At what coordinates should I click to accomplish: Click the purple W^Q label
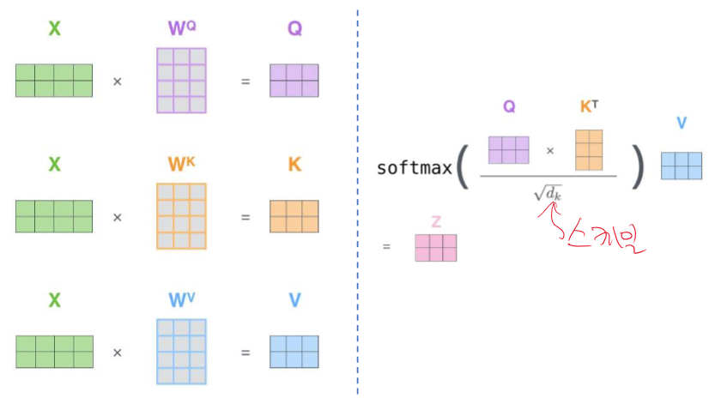(x=181, y=28)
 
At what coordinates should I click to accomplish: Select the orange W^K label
(x=181, y=164)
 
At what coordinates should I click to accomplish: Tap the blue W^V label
(x=181, y=300)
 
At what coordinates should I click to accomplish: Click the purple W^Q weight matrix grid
(x=181, y=81)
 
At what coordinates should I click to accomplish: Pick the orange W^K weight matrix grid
(x=181, y=216)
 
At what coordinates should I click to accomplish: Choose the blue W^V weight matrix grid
(x=181, y=352)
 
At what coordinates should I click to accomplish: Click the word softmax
(x=414, y=167)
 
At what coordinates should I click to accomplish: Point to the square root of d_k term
(x=547, y=194)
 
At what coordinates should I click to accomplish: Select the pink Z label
(x=436, y=222)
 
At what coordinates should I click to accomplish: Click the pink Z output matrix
(x=436, y=248)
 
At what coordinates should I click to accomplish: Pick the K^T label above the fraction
(x=589, y=108)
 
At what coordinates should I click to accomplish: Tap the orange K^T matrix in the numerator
(x=589, y=150)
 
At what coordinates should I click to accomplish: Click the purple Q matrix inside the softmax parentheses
(x=509, y=150)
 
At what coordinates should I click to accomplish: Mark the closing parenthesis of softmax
(x=637, y=168)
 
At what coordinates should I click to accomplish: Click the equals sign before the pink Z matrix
(x=386, y=247)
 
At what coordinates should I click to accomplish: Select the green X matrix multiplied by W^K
(x=53, y=216)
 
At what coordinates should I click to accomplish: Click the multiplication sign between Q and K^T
(x=550, y=151)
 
